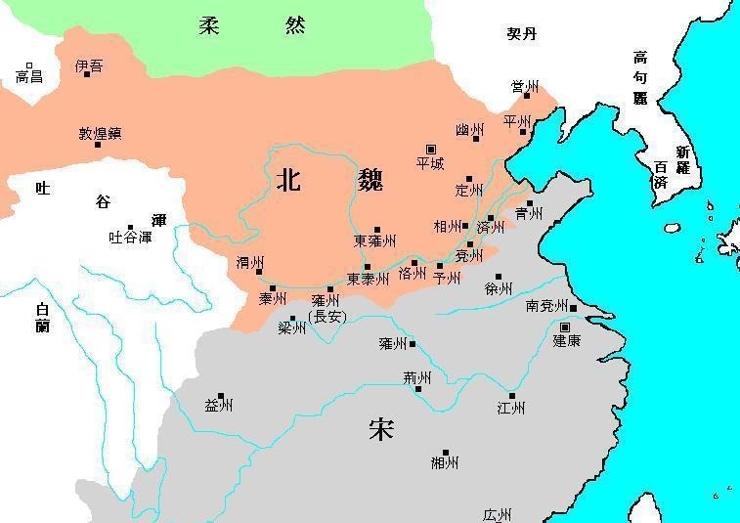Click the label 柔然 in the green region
252,25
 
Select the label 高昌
29,75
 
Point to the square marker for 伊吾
88,73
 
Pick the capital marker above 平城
431,149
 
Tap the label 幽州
469,130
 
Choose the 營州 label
525,87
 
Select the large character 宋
381,428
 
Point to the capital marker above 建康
565,327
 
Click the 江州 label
510,408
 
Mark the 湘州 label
444,462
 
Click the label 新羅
682,159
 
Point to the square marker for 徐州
499,277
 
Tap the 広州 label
497,514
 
